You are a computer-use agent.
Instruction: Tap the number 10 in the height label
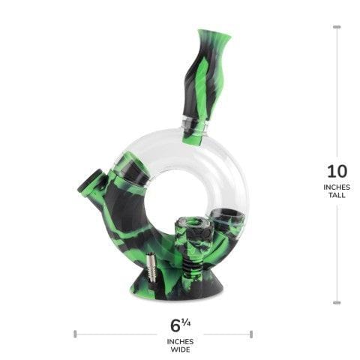click(336, 172)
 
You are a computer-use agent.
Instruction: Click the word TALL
click(337, 197)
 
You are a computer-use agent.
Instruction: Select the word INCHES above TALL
click(337, 187)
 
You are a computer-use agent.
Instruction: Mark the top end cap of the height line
click(337, 27)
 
